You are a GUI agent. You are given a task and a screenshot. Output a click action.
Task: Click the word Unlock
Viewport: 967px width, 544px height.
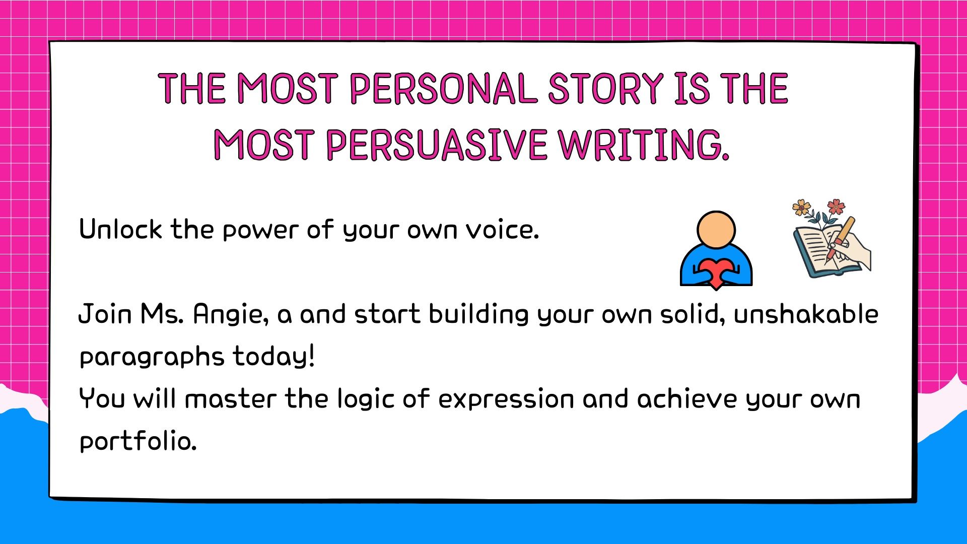point(121,229)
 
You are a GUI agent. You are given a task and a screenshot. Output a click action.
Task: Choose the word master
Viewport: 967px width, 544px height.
point(231,399)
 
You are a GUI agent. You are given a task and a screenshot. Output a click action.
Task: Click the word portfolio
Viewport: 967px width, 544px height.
point(137,442)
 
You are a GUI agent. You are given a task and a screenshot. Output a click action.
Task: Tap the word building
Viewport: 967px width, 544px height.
point(479,315)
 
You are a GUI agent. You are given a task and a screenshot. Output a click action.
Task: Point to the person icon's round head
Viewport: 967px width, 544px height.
point(716,230)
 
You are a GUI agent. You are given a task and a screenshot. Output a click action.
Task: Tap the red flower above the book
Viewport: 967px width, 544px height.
point(836,206)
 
